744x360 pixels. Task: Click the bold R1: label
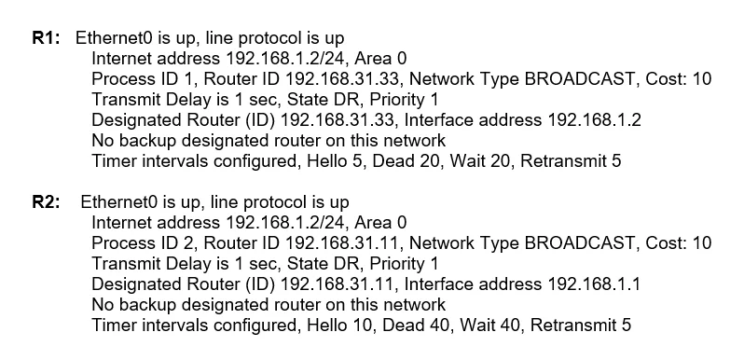(46, 38)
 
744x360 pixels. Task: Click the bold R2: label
(46, 202)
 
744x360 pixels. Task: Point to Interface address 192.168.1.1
(522, 284)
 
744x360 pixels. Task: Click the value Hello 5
(337, 161)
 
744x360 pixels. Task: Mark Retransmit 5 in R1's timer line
(571, 161)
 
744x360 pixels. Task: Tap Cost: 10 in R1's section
(678, 79)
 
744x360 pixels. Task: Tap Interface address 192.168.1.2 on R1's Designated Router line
(522, 120)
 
